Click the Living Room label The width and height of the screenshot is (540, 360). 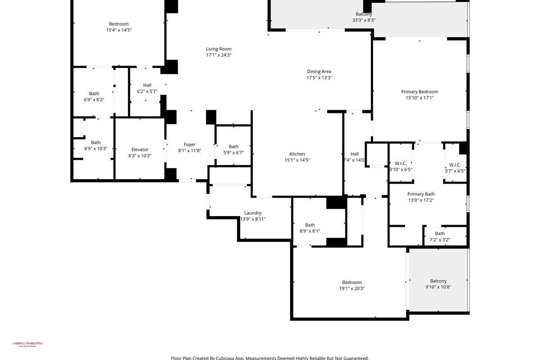click(x=219, y=49)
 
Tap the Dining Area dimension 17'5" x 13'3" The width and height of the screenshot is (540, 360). click(x=319, y=78)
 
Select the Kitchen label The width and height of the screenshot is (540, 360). click(x=297, y=154)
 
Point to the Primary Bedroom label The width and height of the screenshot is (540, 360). click(x=419, y=92)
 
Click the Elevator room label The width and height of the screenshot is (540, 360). click(x=139, y=149)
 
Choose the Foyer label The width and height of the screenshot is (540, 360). click(x=189, y=144)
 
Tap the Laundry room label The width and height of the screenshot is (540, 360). click(x=252, y=213)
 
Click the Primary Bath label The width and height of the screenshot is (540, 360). click(x=421, y=194)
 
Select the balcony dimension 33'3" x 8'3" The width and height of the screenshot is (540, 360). click(x=364, y=20)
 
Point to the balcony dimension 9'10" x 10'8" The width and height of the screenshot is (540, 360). click(x=438, y=287)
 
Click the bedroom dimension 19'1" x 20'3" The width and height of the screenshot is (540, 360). click(x=351, y=289)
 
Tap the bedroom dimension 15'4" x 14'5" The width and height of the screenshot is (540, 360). click(x=119, y=30)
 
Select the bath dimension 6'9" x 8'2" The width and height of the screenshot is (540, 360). click(x=94, y=100)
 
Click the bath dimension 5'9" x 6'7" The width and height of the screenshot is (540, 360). click(x=233, y=153)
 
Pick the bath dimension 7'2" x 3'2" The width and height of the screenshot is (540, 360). click(x=440, y=240)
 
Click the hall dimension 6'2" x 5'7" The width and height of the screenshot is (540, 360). click(x=147, y=91)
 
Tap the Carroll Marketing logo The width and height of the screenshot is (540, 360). click(x=27, y=344)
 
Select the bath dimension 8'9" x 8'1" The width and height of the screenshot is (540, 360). click(x=310, y=231)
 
